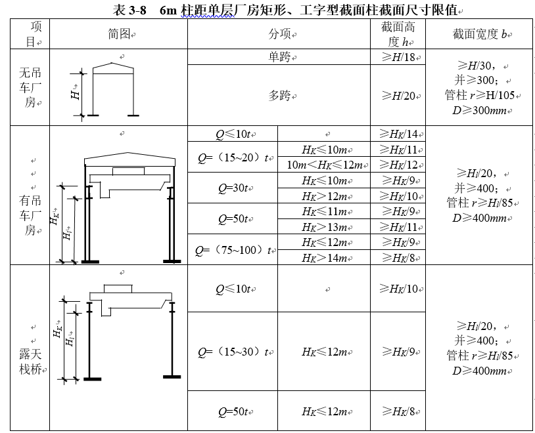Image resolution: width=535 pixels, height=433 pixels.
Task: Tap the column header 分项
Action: pyautogui.click(x=279, y=33)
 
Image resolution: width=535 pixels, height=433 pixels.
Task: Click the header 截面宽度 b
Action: pyautogui.click(x=480, y=33)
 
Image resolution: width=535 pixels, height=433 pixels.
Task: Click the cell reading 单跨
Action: pyautogui.click(x=278, y=57)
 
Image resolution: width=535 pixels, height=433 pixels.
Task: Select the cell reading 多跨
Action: pyautogui.click(x=278, y=96)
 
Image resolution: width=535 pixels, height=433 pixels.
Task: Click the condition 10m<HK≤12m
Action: pyautogui.click(x=323, y=165)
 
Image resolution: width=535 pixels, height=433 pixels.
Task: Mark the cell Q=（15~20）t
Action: pyautogui.click(x=233, y=157)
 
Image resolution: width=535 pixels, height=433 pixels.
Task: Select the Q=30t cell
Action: pyautogui.click(x=233, y=188)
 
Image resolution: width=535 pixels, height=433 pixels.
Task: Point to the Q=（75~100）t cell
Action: pyautogui.click(x=233, y=250)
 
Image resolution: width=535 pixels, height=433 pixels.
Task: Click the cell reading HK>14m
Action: pyautogui.click(x=323, y=258)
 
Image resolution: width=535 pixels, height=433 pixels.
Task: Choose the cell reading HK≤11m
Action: pyautogui.click(x=323, y=211)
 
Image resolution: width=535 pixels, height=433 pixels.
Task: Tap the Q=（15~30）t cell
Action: pyautogui.click(x=233, y=352)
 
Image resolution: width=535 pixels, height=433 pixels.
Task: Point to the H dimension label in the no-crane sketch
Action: pyautogui.click(x=75, y=94)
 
